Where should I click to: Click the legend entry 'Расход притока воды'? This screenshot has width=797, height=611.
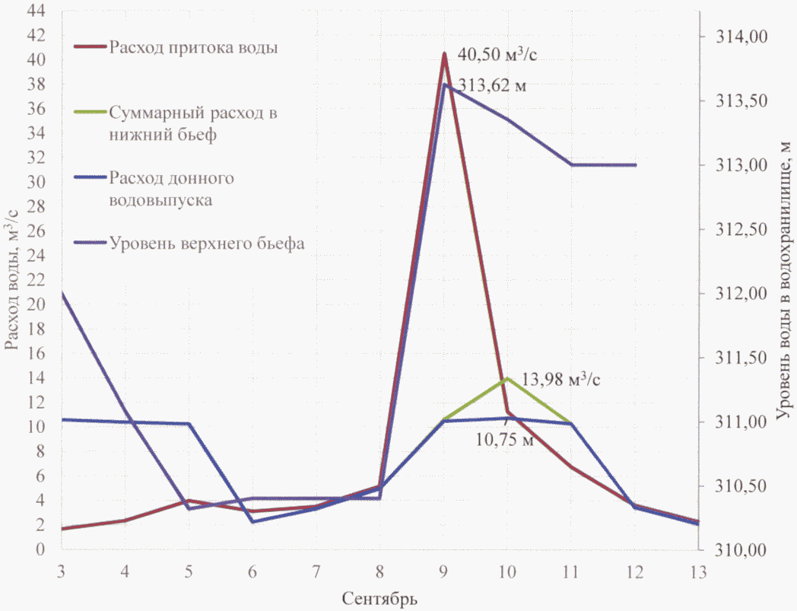pos(192,47)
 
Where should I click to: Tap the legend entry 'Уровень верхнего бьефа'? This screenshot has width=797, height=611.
pos(207,244)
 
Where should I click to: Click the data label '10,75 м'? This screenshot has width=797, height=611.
pos(503,440)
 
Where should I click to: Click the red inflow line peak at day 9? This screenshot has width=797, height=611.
pos(444,54)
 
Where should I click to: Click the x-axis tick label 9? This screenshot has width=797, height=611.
pos(444,571)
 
